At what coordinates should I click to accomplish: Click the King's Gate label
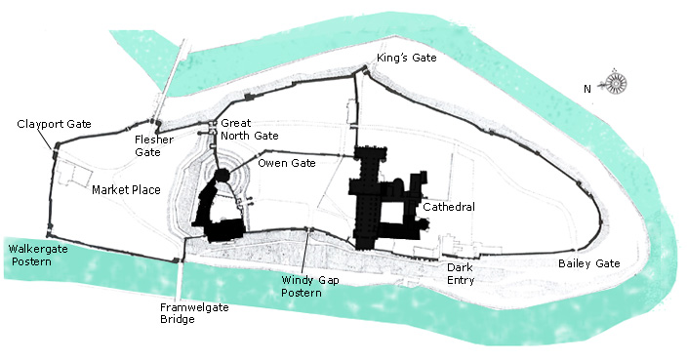pyautogui.click(x=409, y=59)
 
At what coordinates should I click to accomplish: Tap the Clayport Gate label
pyautogui.click(x=54, y=124)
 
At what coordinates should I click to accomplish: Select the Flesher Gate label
pyautogui.click(x=153, y=145)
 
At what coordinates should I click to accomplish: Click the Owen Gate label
pyautogui.click(x=287, y=163)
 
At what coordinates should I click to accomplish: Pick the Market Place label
pyautogui.click(x=126, y=190)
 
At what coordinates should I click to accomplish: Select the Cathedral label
pyautogui.click(x=449, y=207)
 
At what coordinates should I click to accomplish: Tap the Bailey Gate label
pyautogui.click(x=588, y=263)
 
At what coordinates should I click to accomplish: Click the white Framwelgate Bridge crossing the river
pyautogui.click(x=178, y=284)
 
